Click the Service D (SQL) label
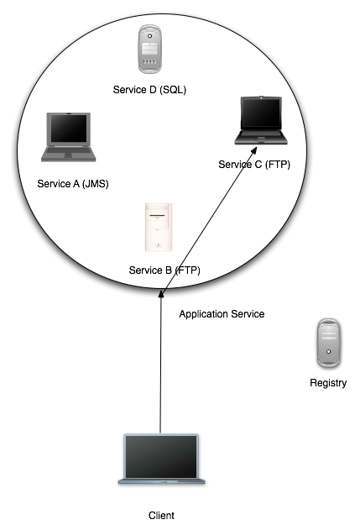pyautogui.click(x=149, y=90)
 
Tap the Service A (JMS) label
pyautogui.click(x=73, y=184)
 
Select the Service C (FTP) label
pyautogui.click(x=254, y=165)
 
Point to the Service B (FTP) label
pyautogui.click(x=164, y=270)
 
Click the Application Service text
pyautogui.click(x=222, y=314)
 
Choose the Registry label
pyautogui.click(x=328, y=383)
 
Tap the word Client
pyautogui.click(x=161, y=516)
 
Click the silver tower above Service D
pyautogui.click(x=149, y=49)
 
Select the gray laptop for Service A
pyautogui.click(x=69, y=137)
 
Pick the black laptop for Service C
pyautogui.click(x=261, y=121)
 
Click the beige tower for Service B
pyautogui.click(x=159, y=227)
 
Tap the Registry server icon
pyautogui.click(x=329, y=343)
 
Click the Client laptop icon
pyautogui.click(x=161, y=459)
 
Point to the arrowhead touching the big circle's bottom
pyautogui.click(x=161, y=293)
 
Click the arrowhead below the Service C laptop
pyautogui.click(x=254, y=150)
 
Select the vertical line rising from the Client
pyautogui.click(x=160, y=362)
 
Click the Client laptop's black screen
pyautogui.click(x=161, y=457)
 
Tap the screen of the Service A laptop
pyautogui.click(x=69, y=129)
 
